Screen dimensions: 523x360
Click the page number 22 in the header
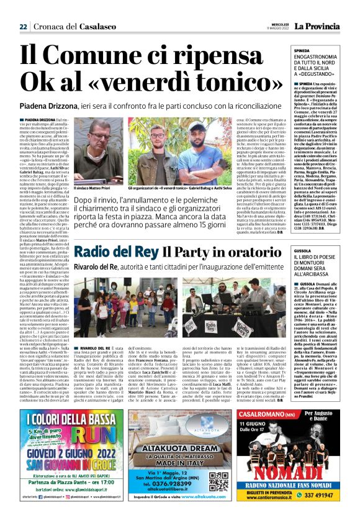click(23, 26)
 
